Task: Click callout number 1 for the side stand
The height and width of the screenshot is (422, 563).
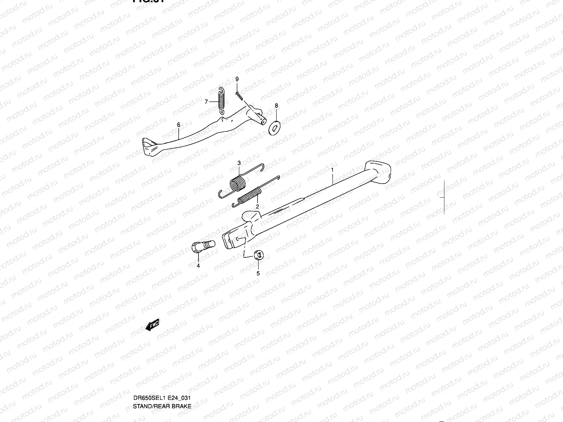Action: click(332, 170)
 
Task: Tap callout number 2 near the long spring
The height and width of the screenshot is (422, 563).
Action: click(257, 207)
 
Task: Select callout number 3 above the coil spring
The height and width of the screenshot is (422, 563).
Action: click(239, 163)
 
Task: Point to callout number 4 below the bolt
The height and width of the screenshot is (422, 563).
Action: click(198, 266)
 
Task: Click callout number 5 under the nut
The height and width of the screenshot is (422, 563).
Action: click(258, 273)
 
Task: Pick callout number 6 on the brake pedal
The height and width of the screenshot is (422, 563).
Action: click(178, 125)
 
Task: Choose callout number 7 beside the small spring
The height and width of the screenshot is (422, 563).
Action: click(207, 102)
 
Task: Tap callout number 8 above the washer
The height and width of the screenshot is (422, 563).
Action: click(276, 105)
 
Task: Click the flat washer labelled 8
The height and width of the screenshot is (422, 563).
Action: click(274, 128)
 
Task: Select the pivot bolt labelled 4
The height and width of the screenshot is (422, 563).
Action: click(202, 245)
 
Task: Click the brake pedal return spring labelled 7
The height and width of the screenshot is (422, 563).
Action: click(221, 100)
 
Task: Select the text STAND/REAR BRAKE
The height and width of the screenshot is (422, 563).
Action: click(162, 377)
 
